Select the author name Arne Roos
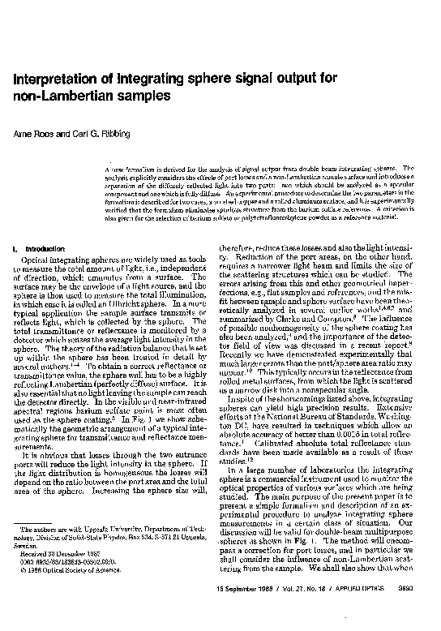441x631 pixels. [28, 132]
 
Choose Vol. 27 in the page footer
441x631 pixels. [305, 610]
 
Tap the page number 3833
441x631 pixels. [416, 610]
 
